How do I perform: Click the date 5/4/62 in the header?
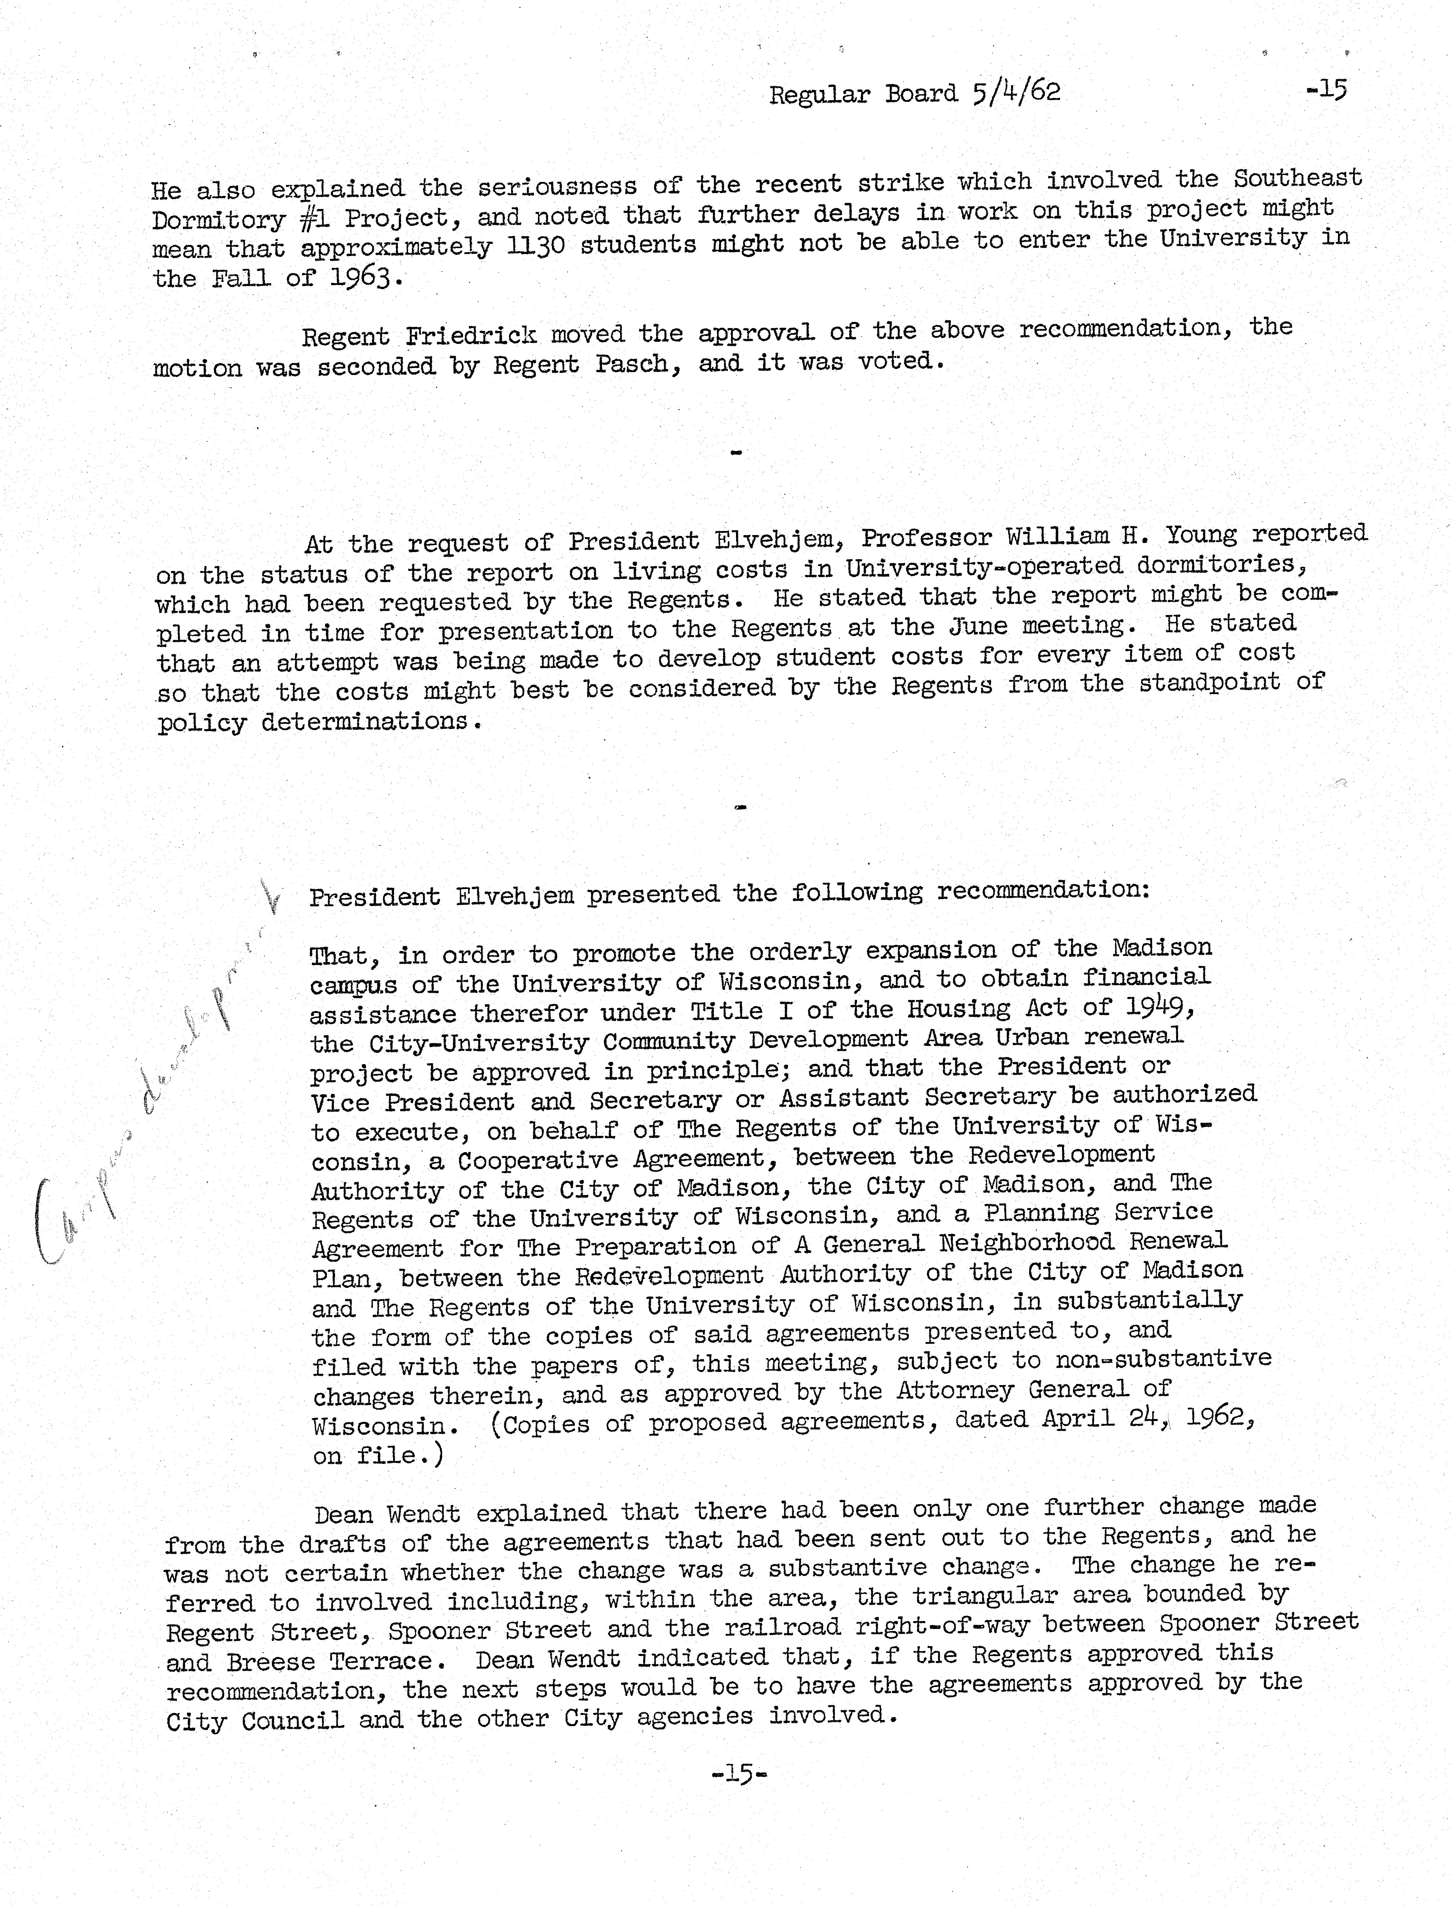(1016, 92)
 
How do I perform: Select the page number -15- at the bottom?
(738, 1774)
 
